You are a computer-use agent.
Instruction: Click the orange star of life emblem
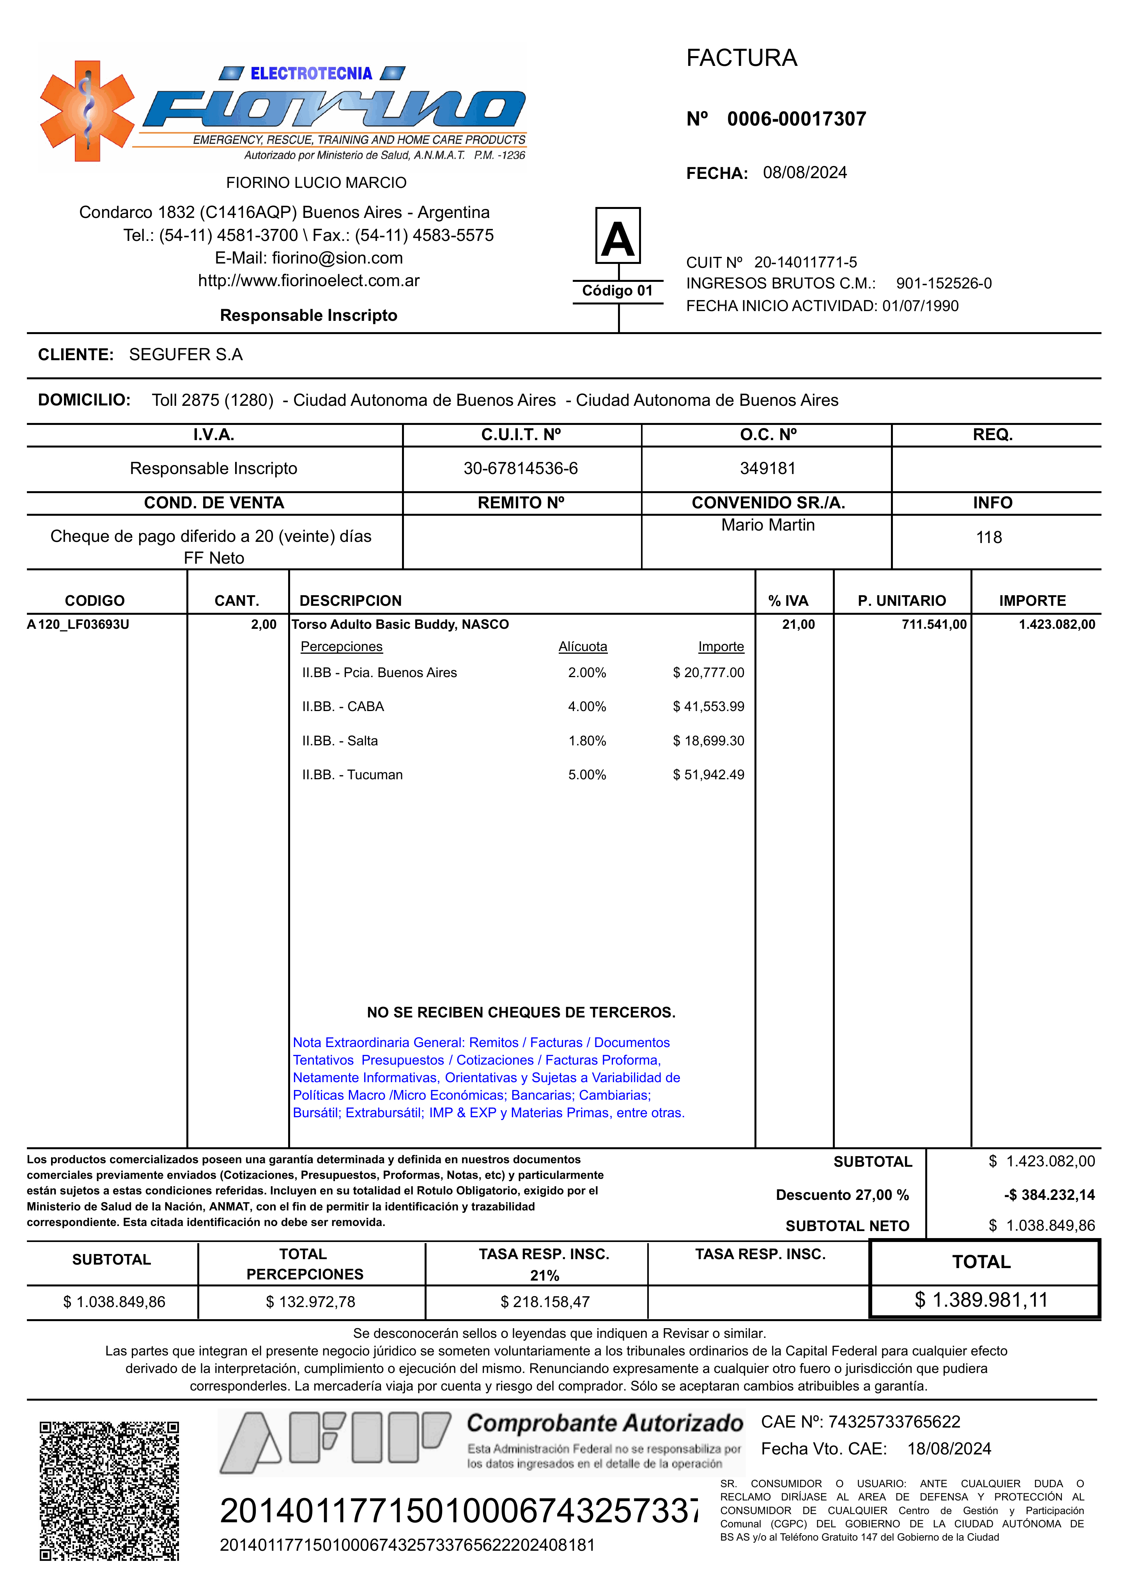pos(87,111)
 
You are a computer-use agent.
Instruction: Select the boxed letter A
pos(618,236)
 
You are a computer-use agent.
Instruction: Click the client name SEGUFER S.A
pos(186,355)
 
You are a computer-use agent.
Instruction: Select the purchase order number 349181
pos(767,469)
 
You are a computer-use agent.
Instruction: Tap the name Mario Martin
pos(767,525)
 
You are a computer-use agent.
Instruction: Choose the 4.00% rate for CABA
pos(587,707)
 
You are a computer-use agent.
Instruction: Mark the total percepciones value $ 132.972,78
pos(310,1302)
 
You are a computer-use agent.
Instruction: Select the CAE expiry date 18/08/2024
pos(949,1449)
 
